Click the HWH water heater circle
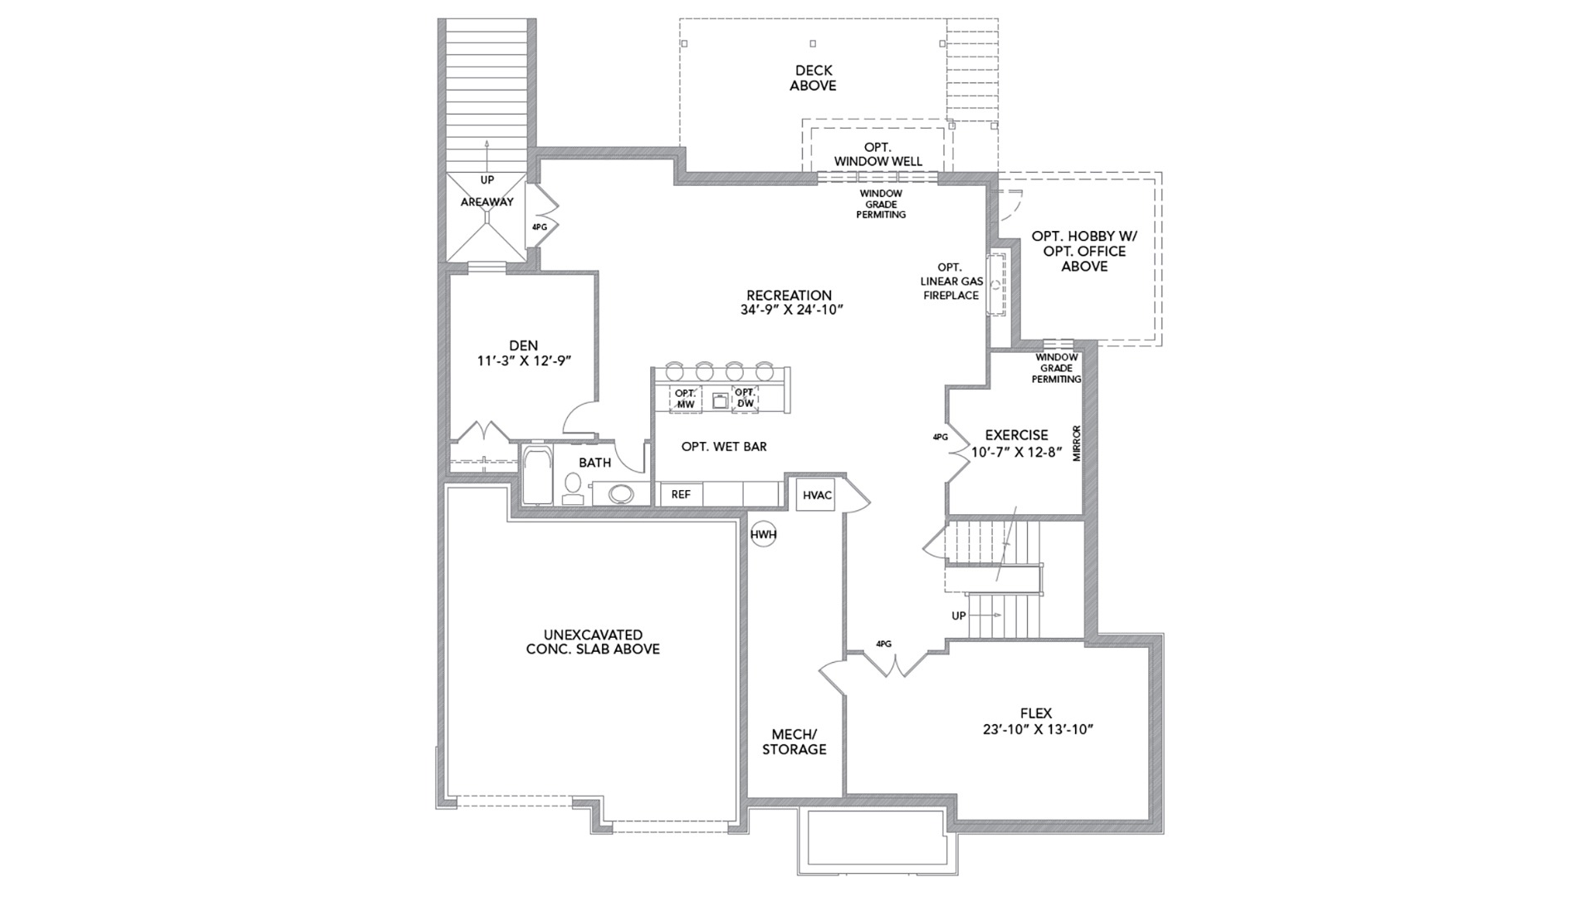[763, 535]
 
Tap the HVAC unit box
[816, 495]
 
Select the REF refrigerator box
[681, 494]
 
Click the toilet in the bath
[573, 488]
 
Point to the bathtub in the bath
[536, 474]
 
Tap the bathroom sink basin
[619, 494]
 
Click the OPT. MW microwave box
[686, 399]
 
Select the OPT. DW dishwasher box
[745, 399]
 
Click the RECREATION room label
[789, 295]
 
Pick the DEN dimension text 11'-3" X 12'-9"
[524, 361]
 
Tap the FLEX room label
[1036, 713]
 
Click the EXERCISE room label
[1016, 434]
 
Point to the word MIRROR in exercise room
[1077, 444]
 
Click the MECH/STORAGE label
[795, 742]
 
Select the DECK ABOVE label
[813, 78]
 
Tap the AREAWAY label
[487, 202]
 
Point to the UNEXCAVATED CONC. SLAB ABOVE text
[593, 642]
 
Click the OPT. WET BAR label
[724, 447]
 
